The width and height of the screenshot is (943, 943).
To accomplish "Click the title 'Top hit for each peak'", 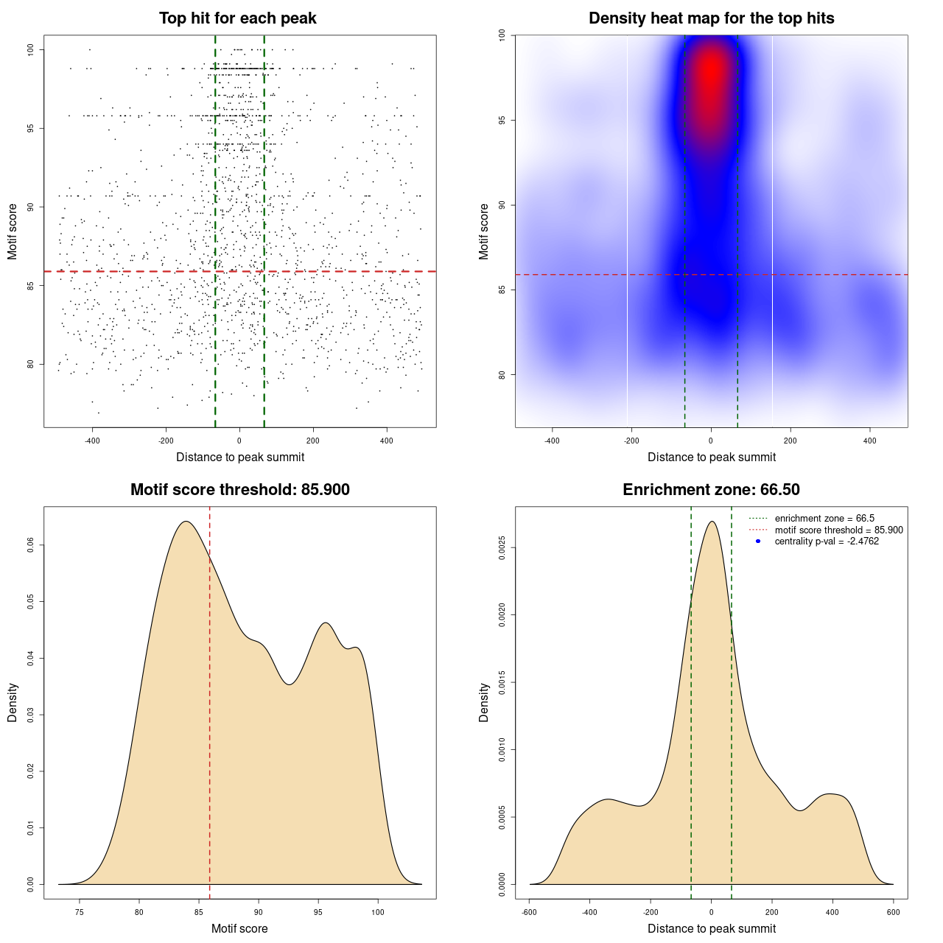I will pos(238,18).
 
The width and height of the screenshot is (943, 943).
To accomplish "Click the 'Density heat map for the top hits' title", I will pos(711,18).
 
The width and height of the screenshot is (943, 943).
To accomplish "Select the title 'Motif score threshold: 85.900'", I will pos(239,490).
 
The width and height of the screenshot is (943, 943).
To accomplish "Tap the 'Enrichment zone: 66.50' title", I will pos(711,490).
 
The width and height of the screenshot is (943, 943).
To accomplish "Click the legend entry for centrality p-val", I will pos(827,541).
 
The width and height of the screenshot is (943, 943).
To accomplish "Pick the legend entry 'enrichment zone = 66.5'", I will pos(824,519).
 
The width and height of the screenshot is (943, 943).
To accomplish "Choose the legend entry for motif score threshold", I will pos(838,530).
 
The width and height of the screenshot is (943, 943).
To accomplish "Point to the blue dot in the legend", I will pos(758,541).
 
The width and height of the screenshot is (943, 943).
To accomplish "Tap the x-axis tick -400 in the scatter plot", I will pos(92,441).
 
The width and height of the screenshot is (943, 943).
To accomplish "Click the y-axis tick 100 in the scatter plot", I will pos(31,49).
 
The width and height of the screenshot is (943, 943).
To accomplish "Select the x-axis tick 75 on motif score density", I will pos(79,913).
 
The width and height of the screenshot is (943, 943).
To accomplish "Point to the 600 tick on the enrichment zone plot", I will pos(893,913).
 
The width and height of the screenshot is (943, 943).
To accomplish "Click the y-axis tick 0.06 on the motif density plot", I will pos(31,545).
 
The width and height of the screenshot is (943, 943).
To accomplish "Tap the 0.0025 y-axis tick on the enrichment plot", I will pos(502,548).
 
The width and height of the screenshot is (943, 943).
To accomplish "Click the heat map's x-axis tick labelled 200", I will pos(790,441).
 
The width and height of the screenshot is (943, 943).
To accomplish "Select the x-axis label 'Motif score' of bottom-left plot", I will pos(239,929).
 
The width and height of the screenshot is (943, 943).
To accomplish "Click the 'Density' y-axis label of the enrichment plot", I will pos(484,702).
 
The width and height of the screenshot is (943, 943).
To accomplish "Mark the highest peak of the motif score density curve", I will pos(186,522).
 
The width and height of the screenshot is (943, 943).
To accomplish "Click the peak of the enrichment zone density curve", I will pos(712,522).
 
